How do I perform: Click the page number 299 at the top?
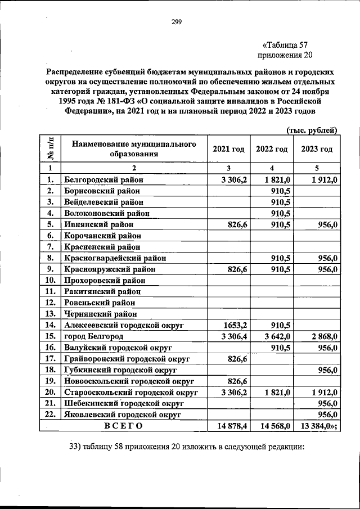tap(176, 22)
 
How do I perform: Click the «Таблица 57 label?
tap(285, 44)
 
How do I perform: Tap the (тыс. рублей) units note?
tap(311, 130)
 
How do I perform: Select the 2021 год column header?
tap(228, 149)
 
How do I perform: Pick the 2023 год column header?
tap(316, 149)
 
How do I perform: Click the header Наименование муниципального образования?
tap(134, 149)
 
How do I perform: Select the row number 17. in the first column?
tap(50, 358)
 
